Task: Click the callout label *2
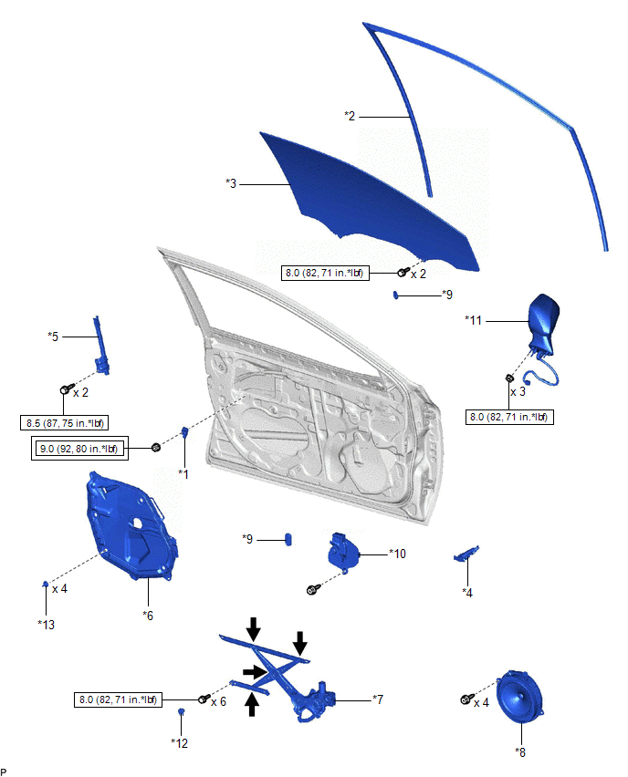click(350, 116)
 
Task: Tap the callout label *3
click(231, 183)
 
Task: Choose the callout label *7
click(377, 699)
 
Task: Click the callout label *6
click(147, 616)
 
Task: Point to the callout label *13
click(46, 624)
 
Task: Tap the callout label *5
click(53, 336)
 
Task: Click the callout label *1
click(183, 473)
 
